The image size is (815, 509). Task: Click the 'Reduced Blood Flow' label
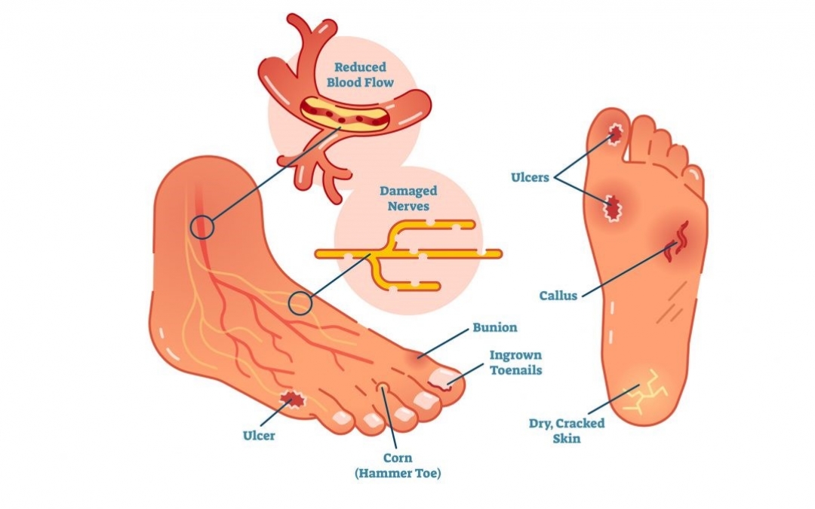coord(360,75)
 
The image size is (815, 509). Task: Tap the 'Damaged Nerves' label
coord(408,198)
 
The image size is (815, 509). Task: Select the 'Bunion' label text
coord(495,328)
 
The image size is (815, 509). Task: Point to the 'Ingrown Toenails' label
coord(515,363)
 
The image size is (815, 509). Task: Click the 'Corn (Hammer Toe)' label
coord(398,465)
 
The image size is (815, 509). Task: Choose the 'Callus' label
coord(558,296)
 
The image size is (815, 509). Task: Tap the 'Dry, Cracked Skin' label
coord(567,431)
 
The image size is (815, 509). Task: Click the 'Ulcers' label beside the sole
coord(530,178)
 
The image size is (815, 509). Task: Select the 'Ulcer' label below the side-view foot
coord(259,435)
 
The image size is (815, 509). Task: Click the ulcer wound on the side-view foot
coord(292,400)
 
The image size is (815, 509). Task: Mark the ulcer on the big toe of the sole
coord(616,134)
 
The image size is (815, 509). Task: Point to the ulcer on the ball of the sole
coord(612,208)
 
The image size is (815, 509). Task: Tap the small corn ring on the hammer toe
coord(383,387)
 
